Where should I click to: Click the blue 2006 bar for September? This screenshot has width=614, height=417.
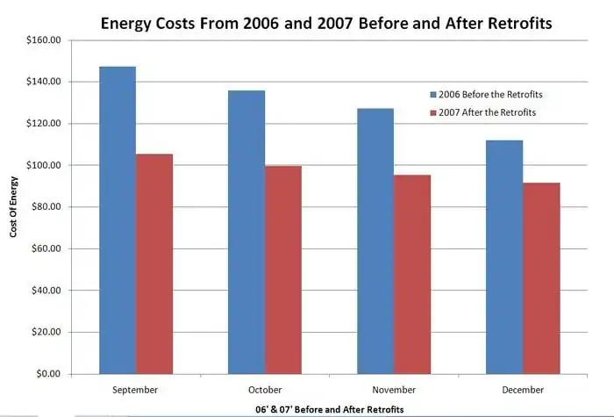point(117,219)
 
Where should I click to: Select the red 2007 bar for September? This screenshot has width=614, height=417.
point(154,263)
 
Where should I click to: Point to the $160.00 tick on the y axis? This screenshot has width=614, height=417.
point(44,40)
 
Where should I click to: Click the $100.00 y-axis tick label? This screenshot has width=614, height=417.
point(44,165)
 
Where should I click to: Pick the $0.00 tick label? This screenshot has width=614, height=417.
point(48,374)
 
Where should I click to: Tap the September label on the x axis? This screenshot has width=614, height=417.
point(135,389)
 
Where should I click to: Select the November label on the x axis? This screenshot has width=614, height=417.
point(393,389)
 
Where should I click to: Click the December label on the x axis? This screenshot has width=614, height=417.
point(523,389)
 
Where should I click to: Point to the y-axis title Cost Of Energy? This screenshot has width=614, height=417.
point(15,207)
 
